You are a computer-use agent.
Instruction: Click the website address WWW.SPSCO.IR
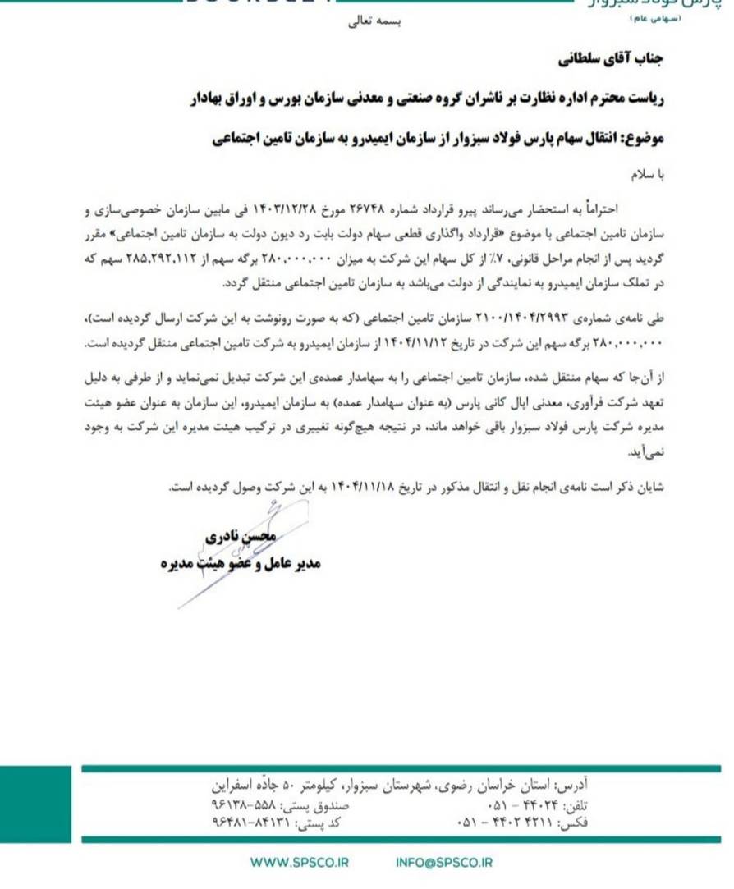299,862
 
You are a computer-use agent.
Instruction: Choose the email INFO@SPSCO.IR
443,862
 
